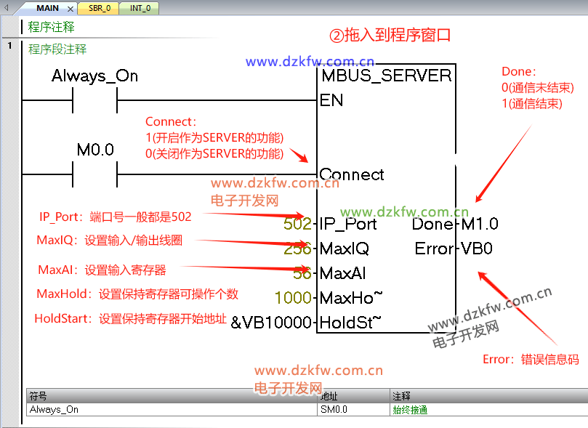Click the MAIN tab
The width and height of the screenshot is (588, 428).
[x=47, y=8]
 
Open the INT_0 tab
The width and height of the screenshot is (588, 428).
[x=141, y=8]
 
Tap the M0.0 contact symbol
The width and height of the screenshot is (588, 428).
[x=94, y=174]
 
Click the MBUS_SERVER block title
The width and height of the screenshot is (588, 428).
[x=386, y=76]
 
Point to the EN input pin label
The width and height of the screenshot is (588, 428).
[x=331, y=100]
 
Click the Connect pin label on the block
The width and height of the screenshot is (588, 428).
[x=352, y=174]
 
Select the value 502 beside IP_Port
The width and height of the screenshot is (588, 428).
[x=297, y=224]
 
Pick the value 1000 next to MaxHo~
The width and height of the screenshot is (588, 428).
[x=294, y=298]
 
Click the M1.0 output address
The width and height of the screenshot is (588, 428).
[x=480, y=224]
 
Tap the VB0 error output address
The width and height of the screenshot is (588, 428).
[x=477, y=249]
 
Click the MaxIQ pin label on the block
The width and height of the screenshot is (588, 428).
[x=344, y=249]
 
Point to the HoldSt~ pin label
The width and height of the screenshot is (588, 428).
[x=350, y=322]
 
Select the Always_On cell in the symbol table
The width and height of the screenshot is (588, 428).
[x=54, y=409]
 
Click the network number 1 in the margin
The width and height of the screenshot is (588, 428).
[x=10, y=47]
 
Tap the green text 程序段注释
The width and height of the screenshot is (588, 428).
[x=57, y=49]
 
